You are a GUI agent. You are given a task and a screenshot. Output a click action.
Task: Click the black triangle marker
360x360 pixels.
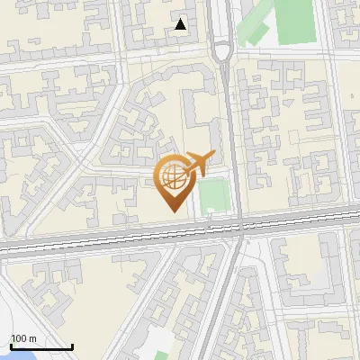click(182, 25)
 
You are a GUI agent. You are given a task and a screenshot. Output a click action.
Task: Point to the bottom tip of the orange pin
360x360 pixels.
click(171, 211)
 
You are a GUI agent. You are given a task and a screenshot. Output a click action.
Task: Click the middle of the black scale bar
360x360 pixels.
click(41, 347)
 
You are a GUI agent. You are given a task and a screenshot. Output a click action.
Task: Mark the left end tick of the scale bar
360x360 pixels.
click(11, 346)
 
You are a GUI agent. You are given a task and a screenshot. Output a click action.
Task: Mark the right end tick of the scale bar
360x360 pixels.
click(72, 346)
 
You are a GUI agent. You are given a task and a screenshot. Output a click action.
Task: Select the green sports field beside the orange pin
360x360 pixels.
click(212, 196)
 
